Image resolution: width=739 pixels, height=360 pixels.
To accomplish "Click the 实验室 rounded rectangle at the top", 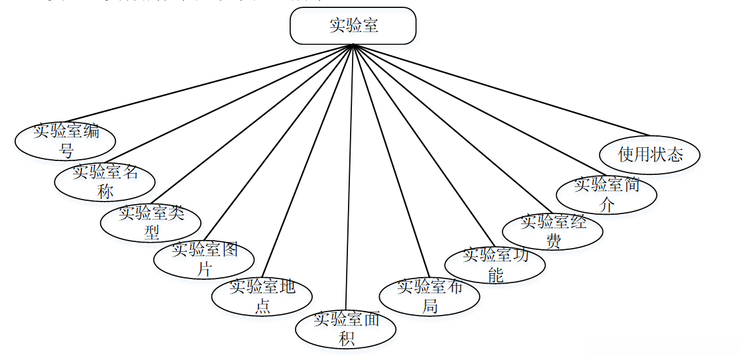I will click(353, 26).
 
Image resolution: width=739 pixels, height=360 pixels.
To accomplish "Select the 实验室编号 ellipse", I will click(66, 140).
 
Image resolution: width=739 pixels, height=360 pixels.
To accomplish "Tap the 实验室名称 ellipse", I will click(105, 181).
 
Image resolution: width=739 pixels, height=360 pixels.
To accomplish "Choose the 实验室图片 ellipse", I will click(204, 259).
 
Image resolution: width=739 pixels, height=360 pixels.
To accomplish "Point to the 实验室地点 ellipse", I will click(262, 296).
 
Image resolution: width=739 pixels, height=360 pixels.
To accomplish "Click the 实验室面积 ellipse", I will click(346, 328).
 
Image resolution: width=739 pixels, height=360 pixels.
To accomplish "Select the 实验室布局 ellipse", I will click(429, 296).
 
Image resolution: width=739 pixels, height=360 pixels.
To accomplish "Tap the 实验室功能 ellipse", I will click(495, 264).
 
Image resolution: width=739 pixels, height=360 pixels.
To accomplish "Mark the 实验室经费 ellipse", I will click(553, 231).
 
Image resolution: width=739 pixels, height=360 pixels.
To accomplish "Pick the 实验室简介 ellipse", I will click(606, 194).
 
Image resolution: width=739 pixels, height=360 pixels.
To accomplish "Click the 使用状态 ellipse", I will click(650, 154).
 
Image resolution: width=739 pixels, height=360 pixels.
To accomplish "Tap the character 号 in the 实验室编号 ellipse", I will click(66, 150).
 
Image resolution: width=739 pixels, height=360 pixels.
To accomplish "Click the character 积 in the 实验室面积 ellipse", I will click(347, 339).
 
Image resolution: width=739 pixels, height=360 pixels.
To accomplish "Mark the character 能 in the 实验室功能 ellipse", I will click(496, 274).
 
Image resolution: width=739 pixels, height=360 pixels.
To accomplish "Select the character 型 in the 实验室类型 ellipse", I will click(152, 232).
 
